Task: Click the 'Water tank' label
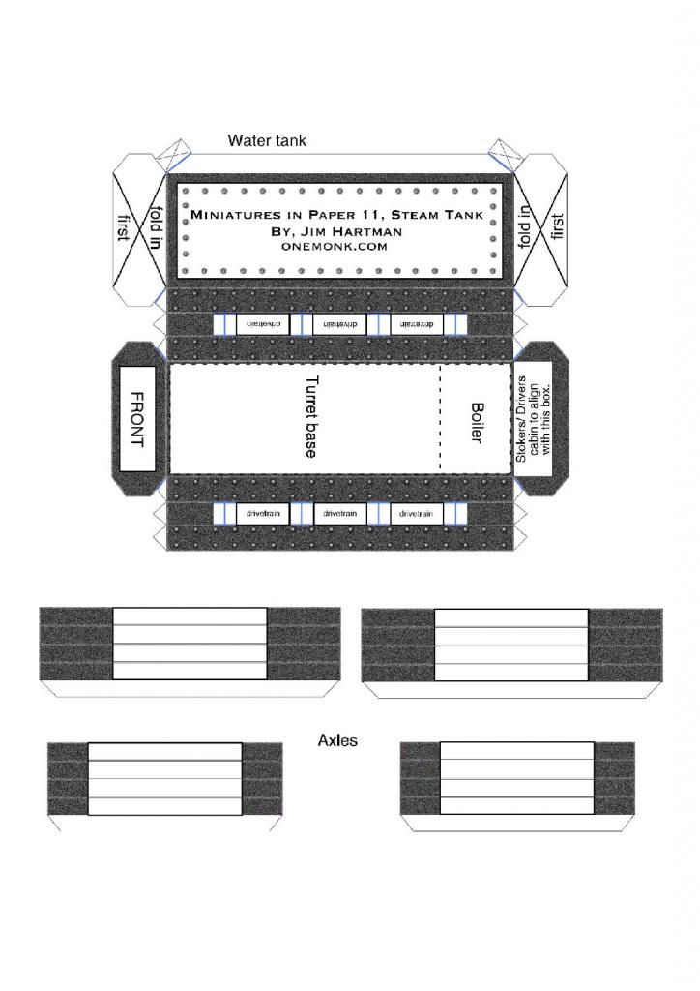[x=267, y=141]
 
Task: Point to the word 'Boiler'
[x=476, y=423]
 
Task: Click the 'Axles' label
[x=337, y=741]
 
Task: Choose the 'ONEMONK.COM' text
[x=335, y=247]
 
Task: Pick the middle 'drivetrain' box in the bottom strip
[x=340, y=513]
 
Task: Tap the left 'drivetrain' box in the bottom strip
[x=263, y=513]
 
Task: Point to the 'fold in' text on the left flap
[x=155, y=228]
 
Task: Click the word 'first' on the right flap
[x=557, y=228]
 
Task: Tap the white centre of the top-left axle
[x=190, y=643]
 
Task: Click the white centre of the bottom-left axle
[x=164, y=778]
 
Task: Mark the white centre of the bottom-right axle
[x=516, y=778]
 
